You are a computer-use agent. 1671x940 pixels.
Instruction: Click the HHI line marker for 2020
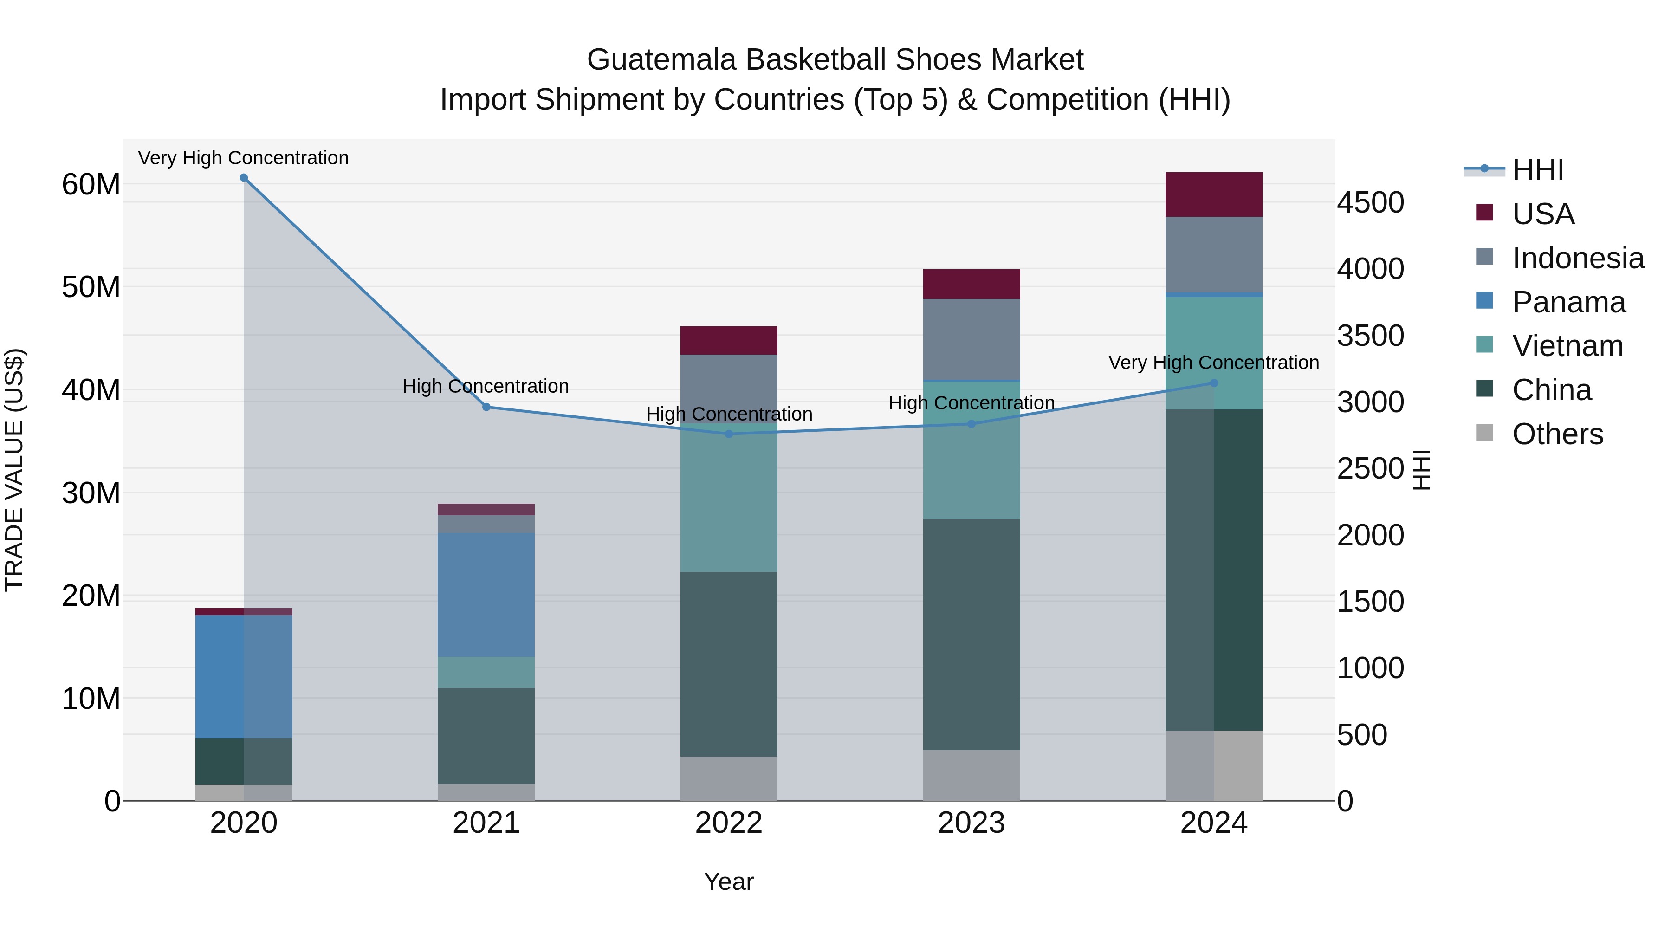click(244, 178)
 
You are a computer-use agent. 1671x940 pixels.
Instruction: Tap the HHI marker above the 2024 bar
click(1214, 383)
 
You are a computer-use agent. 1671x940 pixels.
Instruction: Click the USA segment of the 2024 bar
click(1214, 194)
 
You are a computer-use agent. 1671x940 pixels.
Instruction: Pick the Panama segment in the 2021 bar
click(486, 595)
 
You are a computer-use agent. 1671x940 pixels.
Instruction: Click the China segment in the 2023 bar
click(971, 635)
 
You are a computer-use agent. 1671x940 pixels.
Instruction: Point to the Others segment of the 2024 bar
click(1214, 765)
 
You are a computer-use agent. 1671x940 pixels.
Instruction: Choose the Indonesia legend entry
click(1578, 258)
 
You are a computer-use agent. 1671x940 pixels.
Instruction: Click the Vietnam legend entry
click(1567, 346)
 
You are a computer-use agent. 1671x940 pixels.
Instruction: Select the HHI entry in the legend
click(1537, 170)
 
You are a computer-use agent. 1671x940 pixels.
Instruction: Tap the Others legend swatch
click(1484, 433)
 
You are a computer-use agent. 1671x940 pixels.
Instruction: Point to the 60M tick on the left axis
click(91, 185)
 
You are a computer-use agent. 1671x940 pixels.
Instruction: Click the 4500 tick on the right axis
click(1371, 202)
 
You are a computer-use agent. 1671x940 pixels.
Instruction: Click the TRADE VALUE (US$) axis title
click(14, 470)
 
